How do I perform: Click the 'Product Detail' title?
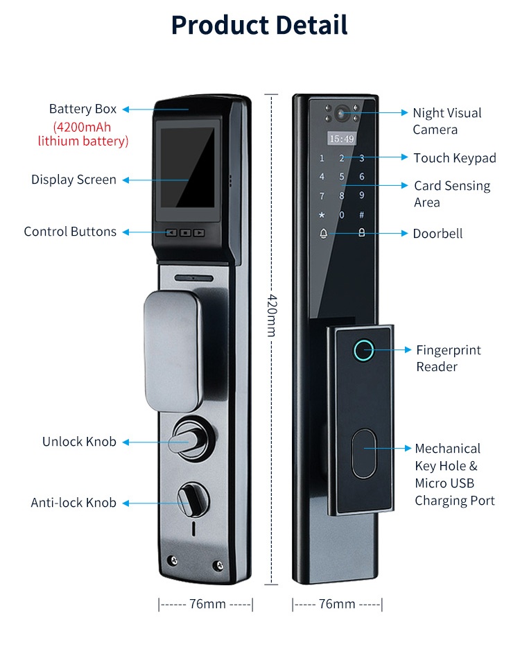tap(259, 25)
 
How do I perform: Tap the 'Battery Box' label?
tap(83, 109)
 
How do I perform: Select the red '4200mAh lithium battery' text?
tap(83, 135)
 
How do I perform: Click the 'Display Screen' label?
tap(73, 180)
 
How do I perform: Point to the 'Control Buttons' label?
tap(70, 232)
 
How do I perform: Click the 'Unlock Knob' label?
tap(79, 442)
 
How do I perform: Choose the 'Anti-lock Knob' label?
tap(73, 503)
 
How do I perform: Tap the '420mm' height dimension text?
tap(272, 315)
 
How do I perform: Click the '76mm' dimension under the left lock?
tap(207, 604)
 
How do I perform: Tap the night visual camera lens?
tap(342, 113)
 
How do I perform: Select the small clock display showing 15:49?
tap(341, 139)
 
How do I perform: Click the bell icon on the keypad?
tap(322, 233)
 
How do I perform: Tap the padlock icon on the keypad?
tap(361, 233)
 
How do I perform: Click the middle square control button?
tap(185, 233)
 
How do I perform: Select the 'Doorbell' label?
tap(437, 234)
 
